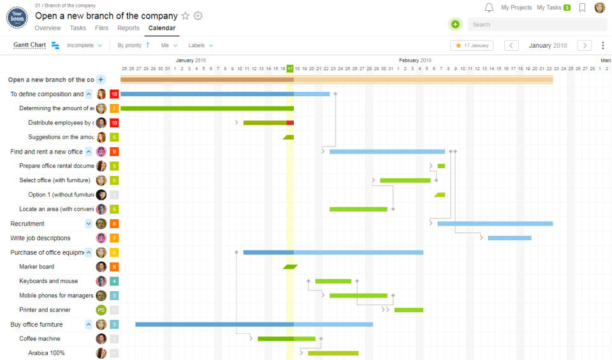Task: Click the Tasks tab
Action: point(78,28)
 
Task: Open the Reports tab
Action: point(128,28)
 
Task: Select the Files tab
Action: point(101,28)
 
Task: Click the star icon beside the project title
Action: point(186,16)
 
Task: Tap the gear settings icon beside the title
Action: point(198,16)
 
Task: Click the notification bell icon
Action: point(489,8)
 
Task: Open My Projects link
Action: point(516,8)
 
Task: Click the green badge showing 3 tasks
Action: point(567,8)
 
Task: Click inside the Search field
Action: point(537,24)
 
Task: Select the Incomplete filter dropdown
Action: point(84,45)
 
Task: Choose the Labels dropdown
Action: point(200,45)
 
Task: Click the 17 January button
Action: point(472,45)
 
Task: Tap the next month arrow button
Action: point(584,45)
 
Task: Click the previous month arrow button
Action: point(511,45)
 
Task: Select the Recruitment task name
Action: point(27,224)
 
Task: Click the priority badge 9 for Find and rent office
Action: point(114,152)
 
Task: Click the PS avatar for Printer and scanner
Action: point(101,310)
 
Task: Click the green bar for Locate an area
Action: point(358,209)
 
